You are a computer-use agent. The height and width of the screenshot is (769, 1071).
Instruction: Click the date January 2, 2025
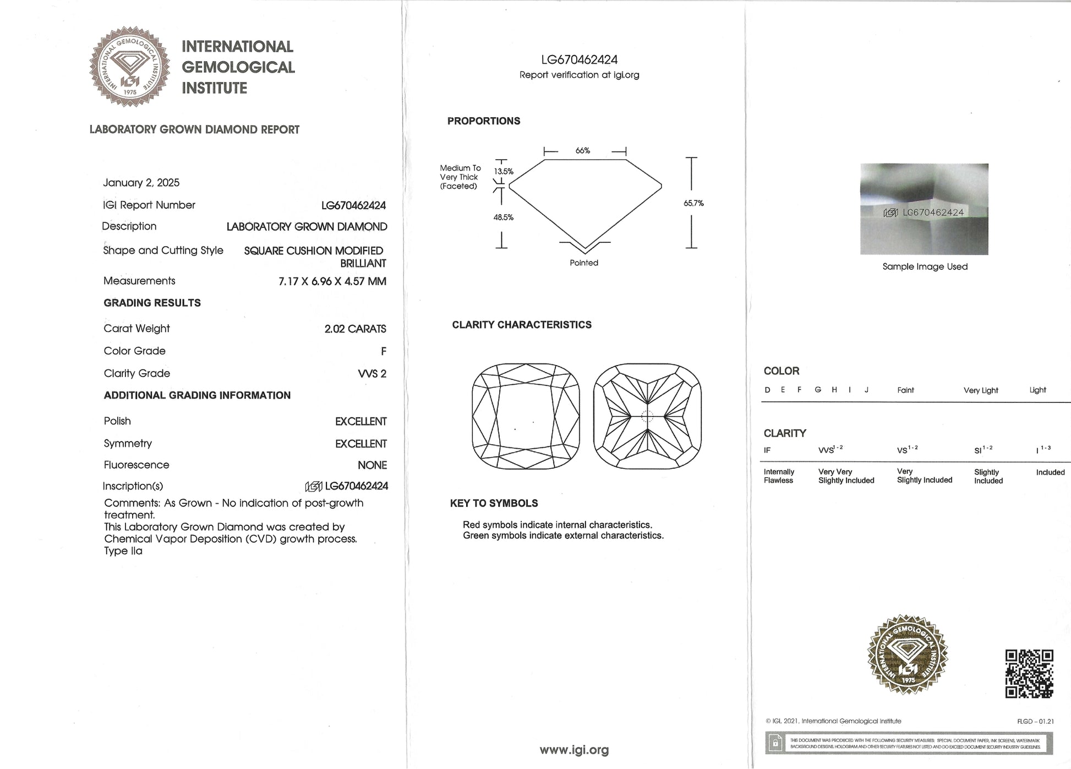141,183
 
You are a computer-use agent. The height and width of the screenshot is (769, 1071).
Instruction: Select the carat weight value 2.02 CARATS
355,329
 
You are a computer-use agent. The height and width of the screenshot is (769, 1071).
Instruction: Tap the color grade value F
383,351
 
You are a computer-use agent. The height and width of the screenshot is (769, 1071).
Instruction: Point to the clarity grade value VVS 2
372,374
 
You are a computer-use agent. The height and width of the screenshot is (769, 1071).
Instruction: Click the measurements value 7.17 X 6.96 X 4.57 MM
332,281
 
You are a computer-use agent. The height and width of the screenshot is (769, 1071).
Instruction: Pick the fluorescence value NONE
372,465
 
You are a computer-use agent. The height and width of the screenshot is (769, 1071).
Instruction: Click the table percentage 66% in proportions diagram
583,151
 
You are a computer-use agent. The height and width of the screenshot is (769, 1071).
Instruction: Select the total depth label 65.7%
693,203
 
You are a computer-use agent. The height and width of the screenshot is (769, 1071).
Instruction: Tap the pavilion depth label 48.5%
503,217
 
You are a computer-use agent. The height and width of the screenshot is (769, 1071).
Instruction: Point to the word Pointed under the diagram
583,263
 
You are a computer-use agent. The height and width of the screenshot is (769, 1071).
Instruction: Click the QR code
1029,673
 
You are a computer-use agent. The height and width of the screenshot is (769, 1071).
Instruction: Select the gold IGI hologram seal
908,655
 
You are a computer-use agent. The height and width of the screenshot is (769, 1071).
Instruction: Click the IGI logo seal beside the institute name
130,66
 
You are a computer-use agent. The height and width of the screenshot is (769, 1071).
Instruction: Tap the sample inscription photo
924,209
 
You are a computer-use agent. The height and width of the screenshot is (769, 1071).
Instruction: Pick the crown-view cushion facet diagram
526,416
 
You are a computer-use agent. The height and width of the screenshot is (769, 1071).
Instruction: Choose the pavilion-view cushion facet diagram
647,416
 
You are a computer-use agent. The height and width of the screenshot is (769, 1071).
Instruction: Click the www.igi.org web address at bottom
574,750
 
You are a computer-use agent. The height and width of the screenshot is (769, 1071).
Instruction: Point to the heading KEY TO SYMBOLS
494,503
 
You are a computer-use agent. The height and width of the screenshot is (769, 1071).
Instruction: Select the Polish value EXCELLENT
360,422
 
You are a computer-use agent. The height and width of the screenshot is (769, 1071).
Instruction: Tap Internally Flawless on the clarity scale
778,476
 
